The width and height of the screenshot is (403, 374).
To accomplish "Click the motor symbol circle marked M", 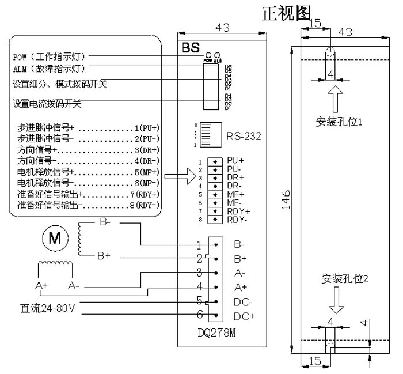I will click(x=54, y=238).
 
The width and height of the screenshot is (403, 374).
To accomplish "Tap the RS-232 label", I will click(x=244, y=137).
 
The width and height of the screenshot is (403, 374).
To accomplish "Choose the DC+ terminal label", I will click(x=244, y=316).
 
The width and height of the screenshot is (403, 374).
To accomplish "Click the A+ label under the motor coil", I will click(x=41, y=285).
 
